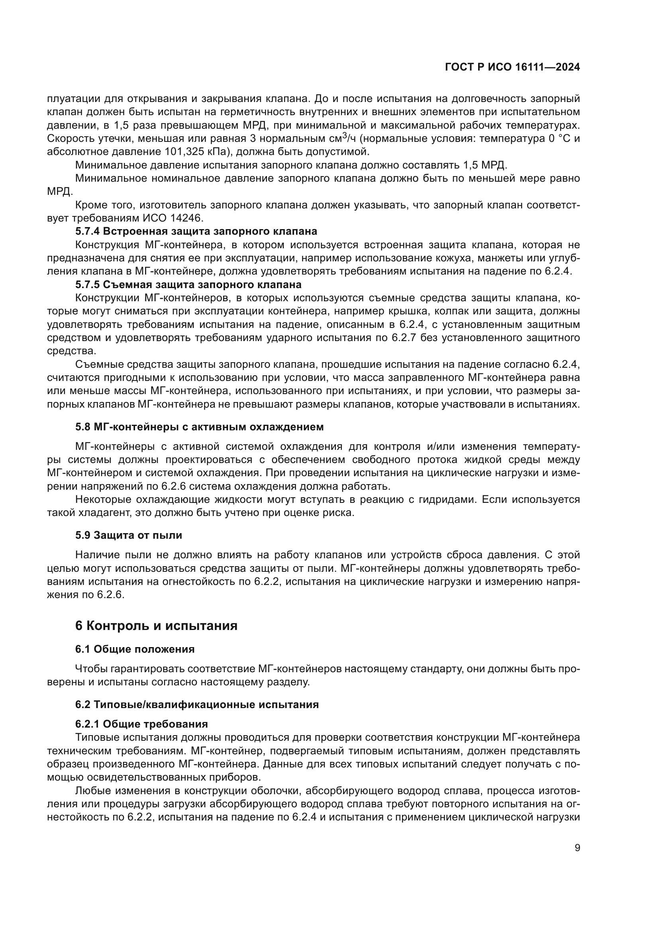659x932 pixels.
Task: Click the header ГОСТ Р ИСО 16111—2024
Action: [x=512, y=67]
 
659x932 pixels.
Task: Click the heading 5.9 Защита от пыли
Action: [x=129, y=535]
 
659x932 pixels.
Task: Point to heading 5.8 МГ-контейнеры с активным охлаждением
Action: [x=199, y=427]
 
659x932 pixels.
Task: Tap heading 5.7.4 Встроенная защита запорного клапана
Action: [x=196, y=232]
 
